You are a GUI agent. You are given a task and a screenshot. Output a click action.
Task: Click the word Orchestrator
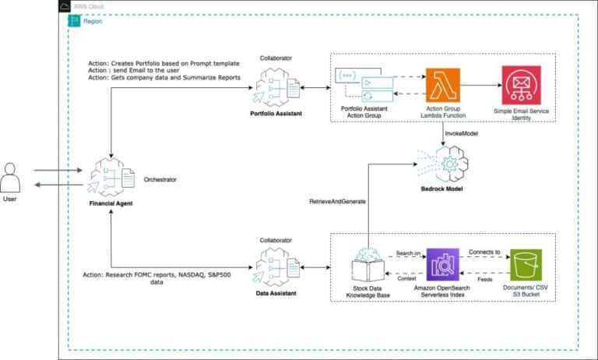tap(160, 179)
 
